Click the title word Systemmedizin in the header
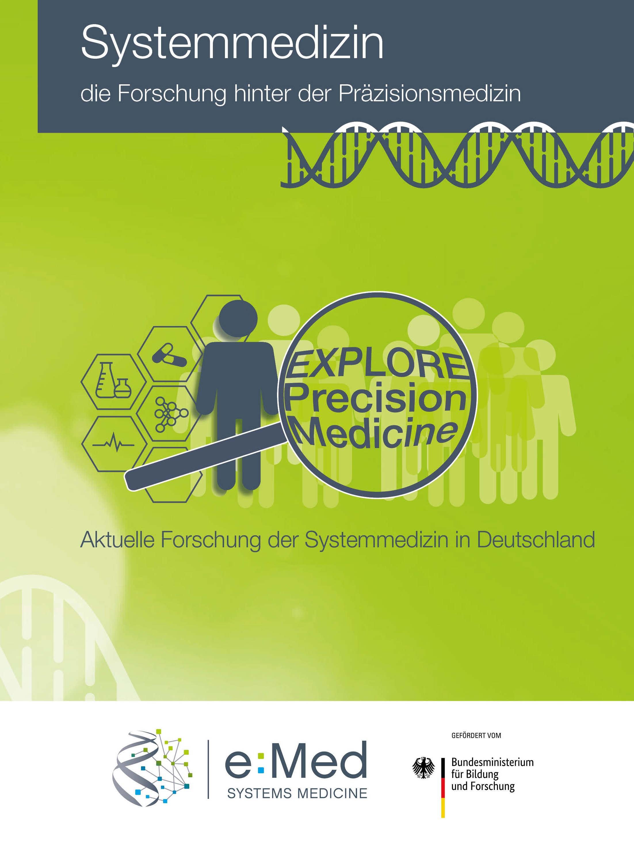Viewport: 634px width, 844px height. (232, 43)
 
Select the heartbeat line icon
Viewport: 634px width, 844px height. (113, 443)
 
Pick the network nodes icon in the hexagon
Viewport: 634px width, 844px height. (170, 415)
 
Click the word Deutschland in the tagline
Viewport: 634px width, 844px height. (536, 540)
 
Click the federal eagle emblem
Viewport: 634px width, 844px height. (423, 768)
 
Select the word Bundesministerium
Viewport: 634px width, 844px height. (492, 762)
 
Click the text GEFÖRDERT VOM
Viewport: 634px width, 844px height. (476, 735)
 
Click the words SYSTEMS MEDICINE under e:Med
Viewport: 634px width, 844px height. (297, 794)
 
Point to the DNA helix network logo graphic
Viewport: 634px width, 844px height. (152, 768)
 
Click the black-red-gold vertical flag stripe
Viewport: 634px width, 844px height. (443, 788)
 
